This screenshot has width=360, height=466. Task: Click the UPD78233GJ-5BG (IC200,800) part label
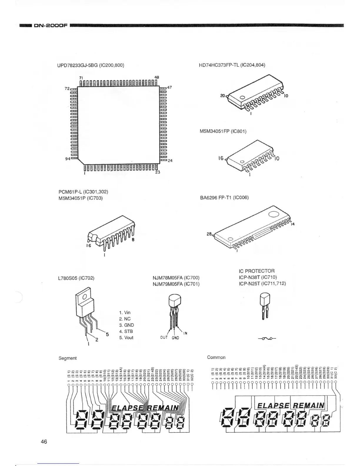pos(90,65)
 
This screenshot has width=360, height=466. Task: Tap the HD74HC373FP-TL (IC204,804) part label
pos(232,65)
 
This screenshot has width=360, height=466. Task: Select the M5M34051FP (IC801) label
pos(223,131)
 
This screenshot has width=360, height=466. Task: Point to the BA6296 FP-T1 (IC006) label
pos(224,198)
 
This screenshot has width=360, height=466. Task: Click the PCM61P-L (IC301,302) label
pos(83,192)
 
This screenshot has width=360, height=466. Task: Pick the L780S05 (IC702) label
pos(76,278)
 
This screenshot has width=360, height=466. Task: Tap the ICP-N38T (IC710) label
pos(258,277)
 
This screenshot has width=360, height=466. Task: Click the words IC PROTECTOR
pos(257,271)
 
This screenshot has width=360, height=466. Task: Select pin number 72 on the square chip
pos(67,88)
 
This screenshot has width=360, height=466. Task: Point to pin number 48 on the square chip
pos(156,77)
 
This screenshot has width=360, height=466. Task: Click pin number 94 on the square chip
pos(67,159)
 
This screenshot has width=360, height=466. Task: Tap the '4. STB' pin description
pos(126,331)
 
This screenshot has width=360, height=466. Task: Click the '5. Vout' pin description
pos(126,337)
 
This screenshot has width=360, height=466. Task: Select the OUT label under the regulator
pos(164,337)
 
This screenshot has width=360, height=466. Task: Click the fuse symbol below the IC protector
pos(267,338)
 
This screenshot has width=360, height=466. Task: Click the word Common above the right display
pos(216,357)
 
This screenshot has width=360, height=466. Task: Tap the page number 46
pos(44,442)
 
